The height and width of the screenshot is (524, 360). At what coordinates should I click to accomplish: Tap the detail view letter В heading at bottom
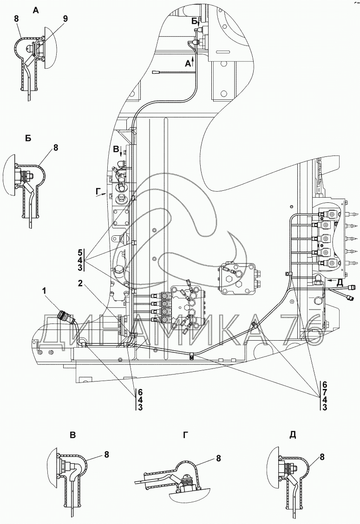click(x=72, y=435)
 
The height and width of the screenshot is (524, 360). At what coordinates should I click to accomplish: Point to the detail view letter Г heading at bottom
click(x=185, y=435)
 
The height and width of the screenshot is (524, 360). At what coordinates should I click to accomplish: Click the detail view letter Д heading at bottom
click(x=292, y=435)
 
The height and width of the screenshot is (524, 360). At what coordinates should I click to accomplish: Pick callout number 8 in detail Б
click(x=56, y=148)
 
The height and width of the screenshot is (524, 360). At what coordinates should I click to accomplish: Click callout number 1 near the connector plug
click(x=44, y=291)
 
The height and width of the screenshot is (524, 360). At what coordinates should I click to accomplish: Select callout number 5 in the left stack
click(x=80, y=252)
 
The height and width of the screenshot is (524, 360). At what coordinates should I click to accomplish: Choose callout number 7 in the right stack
click(x=325, y=392)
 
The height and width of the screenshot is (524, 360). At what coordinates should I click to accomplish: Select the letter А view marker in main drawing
click(x=188, y=65)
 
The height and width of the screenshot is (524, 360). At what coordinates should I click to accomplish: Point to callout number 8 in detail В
click(x=106, y=455)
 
